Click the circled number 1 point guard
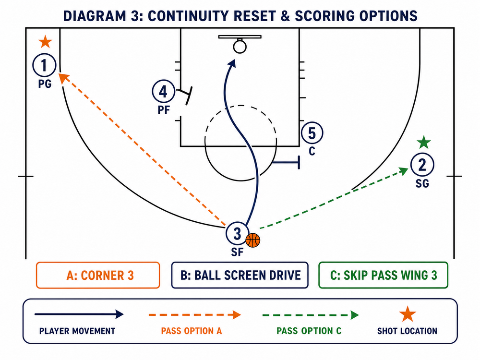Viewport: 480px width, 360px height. [44, 65]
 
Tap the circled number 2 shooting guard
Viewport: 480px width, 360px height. [422, 165]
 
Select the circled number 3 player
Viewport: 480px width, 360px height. [237, 234]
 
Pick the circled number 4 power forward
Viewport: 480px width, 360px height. [164, 91]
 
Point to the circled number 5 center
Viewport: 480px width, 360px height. [312, 133]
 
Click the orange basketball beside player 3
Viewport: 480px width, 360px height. [253, 240]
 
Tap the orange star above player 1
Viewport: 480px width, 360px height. [45, 42]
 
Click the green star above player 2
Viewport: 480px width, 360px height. [424, 142]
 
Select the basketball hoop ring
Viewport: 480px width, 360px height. [240, 47]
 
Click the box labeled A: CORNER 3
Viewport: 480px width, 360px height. [98, 275]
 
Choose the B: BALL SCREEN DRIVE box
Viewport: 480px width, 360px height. [240, 275]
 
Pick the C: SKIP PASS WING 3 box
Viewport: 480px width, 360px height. [383, 275]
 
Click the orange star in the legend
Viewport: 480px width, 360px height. [408, 314]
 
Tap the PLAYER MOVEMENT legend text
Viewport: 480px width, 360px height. [77, 331]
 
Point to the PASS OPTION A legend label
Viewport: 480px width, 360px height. [192, 331]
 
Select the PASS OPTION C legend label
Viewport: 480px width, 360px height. [309, 331]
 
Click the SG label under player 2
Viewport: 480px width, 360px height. [422, 183]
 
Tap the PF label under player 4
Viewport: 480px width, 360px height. [164, 110]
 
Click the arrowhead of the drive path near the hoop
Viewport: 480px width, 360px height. [232, 63]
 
